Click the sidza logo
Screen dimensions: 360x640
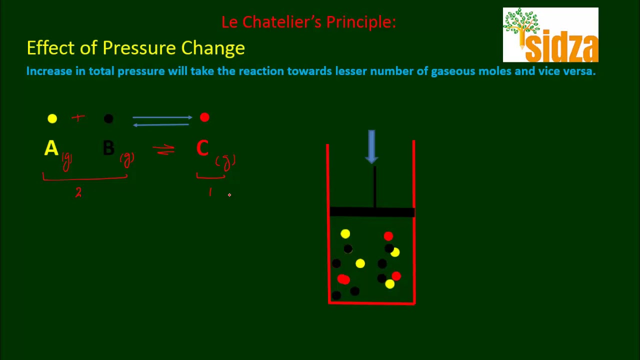[550, 35]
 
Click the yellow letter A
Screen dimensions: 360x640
[51, 148]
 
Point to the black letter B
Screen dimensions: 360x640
[108, 148]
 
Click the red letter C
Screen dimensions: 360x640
[202, 148]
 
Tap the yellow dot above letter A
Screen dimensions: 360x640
[52, 118]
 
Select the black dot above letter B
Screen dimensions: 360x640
[108, 118]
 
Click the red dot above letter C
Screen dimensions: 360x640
[204, 117]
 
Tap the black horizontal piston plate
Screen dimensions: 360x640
[372, 212]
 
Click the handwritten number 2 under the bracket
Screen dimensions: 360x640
[78, 193]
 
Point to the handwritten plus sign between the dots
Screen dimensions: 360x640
[78, 118]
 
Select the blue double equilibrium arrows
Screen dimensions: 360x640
[162, 121]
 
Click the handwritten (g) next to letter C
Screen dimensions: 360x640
[225, 161]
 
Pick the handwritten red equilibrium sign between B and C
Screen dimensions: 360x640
[163, 149]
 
